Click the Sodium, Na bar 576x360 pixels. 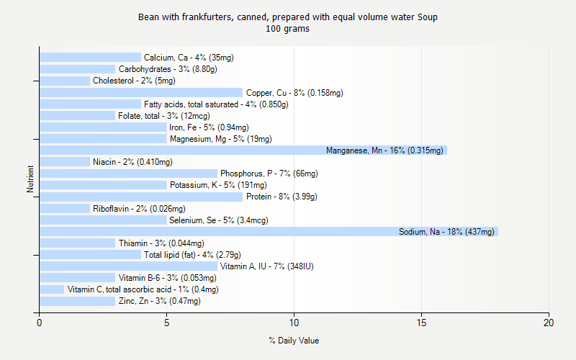click(269, 232)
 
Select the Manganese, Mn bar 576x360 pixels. click(243, 150)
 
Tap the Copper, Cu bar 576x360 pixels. click(141, 92)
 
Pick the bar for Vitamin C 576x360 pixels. click(52, 289)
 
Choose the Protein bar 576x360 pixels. click(141, 197)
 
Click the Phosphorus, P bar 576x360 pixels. click(128, 174)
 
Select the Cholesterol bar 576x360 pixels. click(65, 81)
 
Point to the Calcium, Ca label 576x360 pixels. click(189, 58)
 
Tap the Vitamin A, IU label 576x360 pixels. click(266, 266)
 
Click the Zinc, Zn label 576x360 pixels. click(159, 301)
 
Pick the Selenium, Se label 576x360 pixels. click(219, 220)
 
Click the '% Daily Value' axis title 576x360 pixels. click(294, 341)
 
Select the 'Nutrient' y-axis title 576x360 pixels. click(31, 179)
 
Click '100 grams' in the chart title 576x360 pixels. click(288, 30)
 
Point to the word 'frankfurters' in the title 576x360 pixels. click(202, 17)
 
